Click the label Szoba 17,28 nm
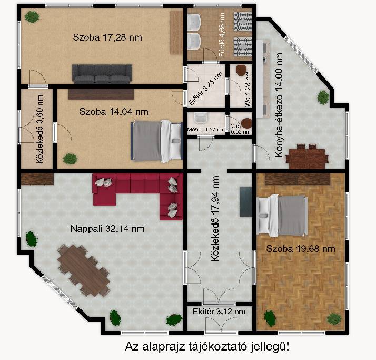point(107,37)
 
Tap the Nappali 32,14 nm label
point(107,229)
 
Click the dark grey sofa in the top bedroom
point(102,74)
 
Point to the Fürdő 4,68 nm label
point(222,35)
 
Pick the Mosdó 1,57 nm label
point(206,130)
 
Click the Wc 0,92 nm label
point(240,129)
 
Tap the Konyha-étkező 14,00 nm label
point(279,105)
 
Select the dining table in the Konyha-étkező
point(307,156)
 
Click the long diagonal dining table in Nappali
point(84,270)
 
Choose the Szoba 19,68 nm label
point(301,249)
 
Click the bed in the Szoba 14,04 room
point(157,141)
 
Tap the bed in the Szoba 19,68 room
point(282,215)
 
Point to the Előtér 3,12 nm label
point(219,312)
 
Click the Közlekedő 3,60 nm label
point(40,129)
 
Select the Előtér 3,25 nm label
point(205,89)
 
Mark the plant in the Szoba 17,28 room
point(32,17)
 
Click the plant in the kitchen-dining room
point(323,98)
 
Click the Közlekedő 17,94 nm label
point(215,219)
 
